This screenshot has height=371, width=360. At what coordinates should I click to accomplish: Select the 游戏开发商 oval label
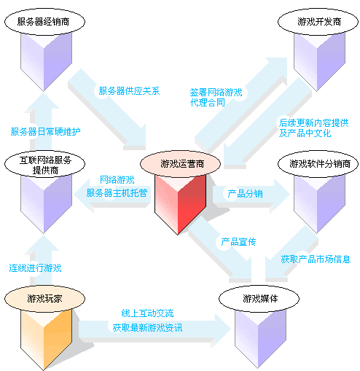[319, 22]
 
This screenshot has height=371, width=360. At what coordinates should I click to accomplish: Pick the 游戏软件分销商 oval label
[319, 163]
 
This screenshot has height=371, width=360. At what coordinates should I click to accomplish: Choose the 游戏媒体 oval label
[261, 298]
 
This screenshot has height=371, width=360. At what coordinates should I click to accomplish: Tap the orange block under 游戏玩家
[46, 335]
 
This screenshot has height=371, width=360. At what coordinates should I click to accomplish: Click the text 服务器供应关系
[129, 92]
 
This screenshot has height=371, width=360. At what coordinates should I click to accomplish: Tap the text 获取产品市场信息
[316, 259]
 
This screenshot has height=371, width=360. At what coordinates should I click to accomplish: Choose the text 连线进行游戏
[35, 267]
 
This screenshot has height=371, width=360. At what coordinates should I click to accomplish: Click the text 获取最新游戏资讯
[147, 329]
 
